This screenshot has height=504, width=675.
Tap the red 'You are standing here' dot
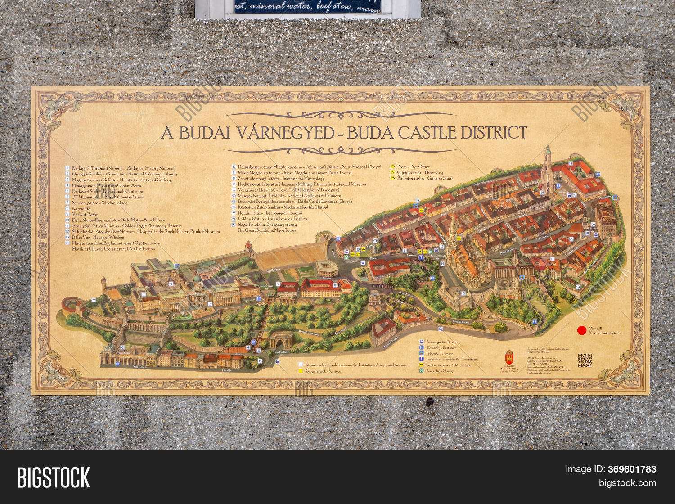582,330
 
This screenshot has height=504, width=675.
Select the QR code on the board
585,360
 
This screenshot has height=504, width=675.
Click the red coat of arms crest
509,358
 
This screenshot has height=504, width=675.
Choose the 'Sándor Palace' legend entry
100,203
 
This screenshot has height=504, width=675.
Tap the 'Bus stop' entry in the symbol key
443,342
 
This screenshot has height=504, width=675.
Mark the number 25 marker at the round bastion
94,300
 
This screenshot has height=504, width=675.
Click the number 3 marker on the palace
210,304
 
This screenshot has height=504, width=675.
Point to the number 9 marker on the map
122,347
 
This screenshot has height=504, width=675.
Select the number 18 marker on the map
571,163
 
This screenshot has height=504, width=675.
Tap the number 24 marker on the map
578,287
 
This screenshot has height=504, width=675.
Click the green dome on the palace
197,279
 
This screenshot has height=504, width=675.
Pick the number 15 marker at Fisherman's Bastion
463,293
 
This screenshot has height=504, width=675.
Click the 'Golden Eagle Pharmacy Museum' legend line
127,226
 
